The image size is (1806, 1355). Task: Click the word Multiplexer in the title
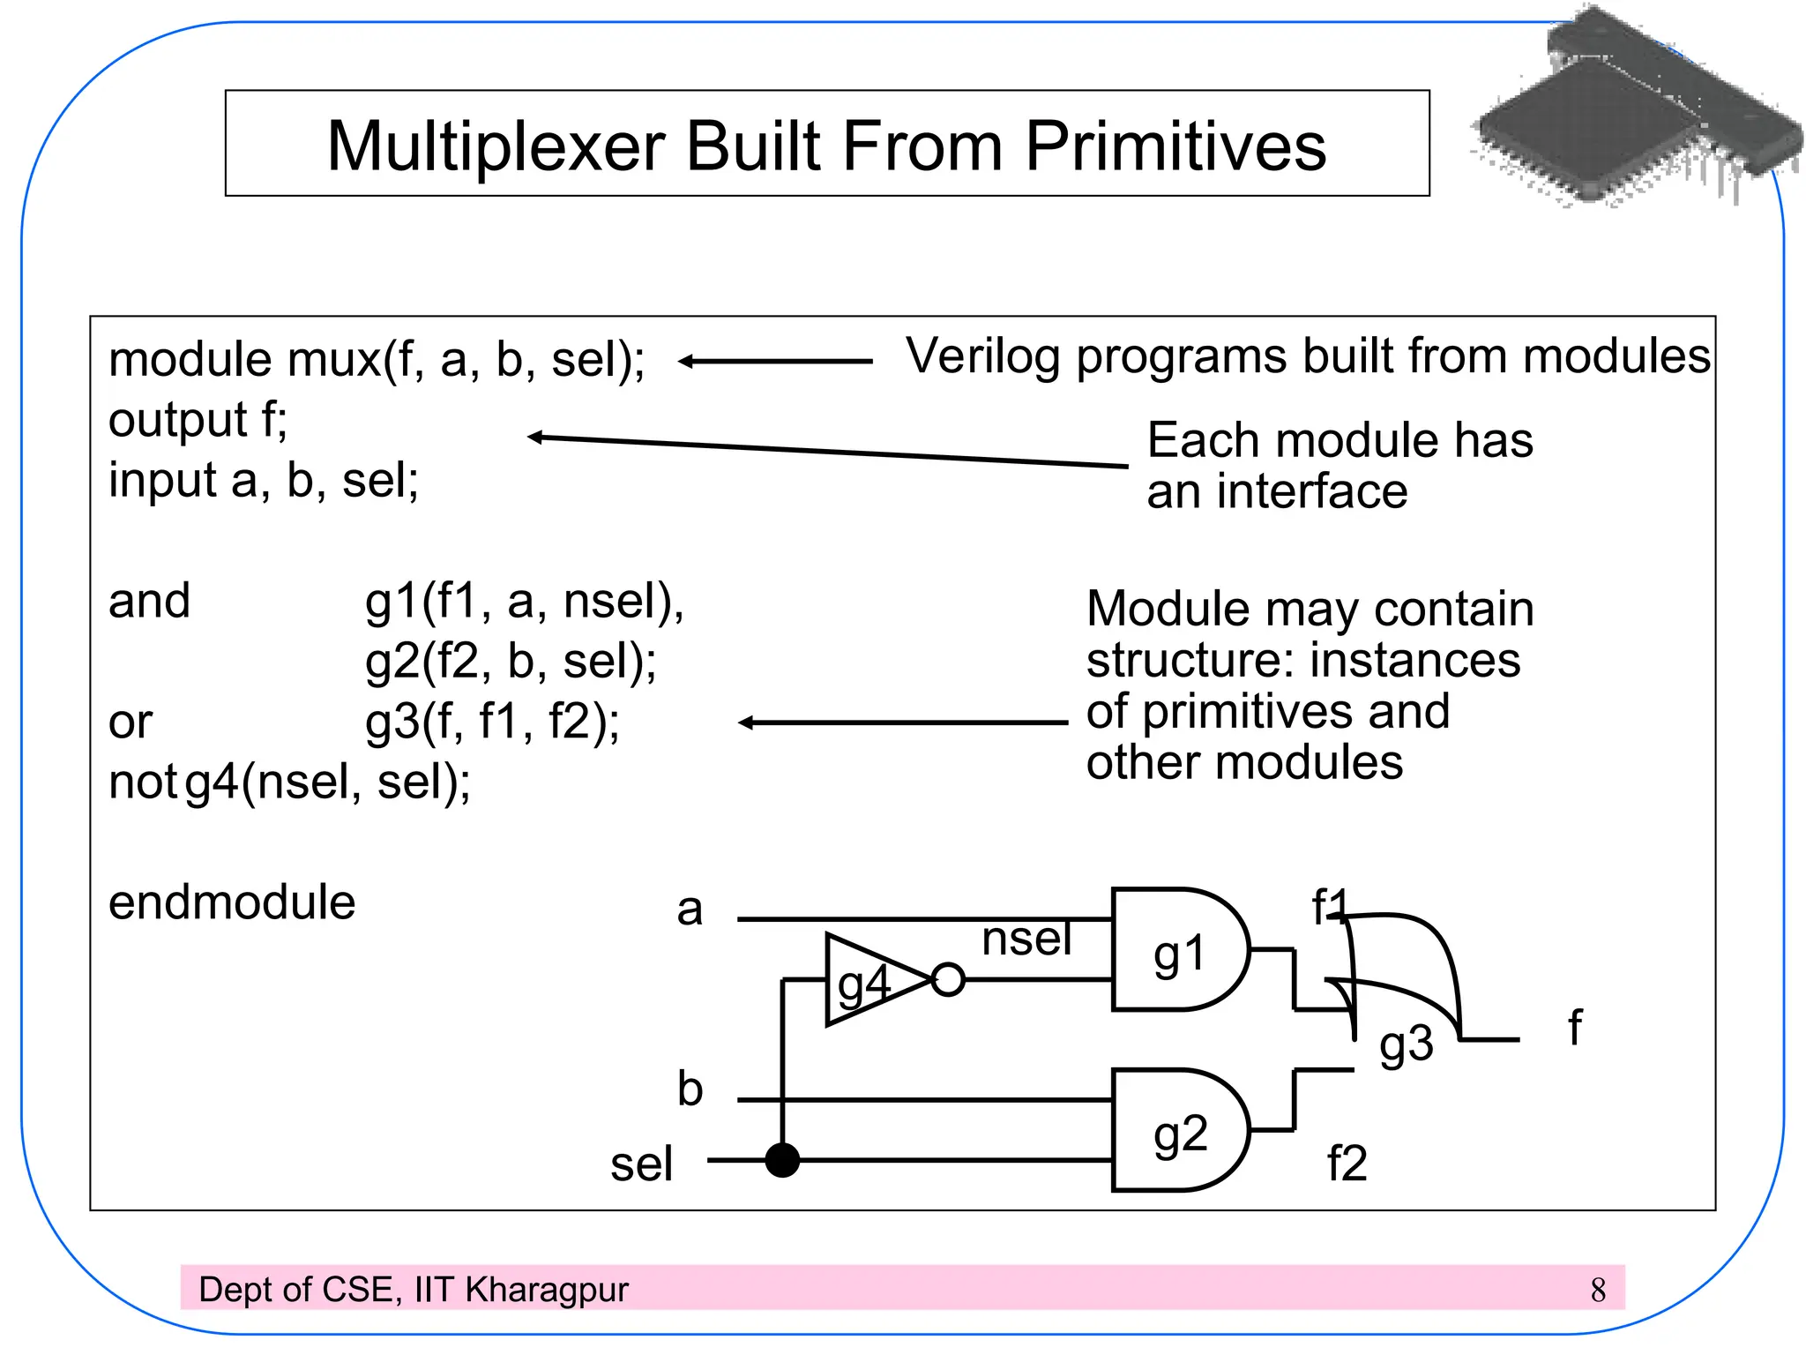click(x=496, y=146)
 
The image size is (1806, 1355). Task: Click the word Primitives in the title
click(x=1175, y=146)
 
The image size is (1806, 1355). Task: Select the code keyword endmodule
click(x=232, y=902)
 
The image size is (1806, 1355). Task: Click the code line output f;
click(x=198, y=420)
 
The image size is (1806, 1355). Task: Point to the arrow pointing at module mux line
click(x=775, y=361)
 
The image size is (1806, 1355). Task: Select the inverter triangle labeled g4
click(x=869, y=980)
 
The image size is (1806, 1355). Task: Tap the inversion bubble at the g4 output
click(x=948, y=980)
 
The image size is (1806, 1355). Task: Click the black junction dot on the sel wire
click(x=782, y=1160)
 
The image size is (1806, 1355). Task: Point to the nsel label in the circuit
click(x=1026, y=938)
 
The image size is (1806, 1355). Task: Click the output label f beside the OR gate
click(x=1575, y=1029)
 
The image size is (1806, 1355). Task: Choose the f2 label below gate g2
click(x=1347, y=1164)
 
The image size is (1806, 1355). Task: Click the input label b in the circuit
click(x=690, y=1089)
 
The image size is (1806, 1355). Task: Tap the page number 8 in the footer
click(x=1598, y=1291)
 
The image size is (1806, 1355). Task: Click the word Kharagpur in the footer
click(x=547, y=1291)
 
